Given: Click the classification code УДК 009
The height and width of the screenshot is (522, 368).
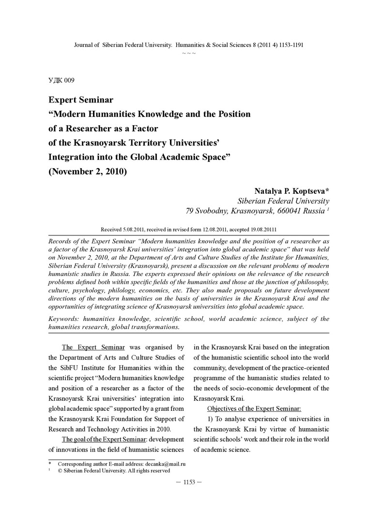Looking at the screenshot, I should point(61,80).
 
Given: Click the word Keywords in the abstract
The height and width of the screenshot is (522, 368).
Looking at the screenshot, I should point(64,319).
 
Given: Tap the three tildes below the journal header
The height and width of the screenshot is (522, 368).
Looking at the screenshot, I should point(189,52).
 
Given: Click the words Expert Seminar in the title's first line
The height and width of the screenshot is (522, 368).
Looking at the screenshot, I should point(81,100).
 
